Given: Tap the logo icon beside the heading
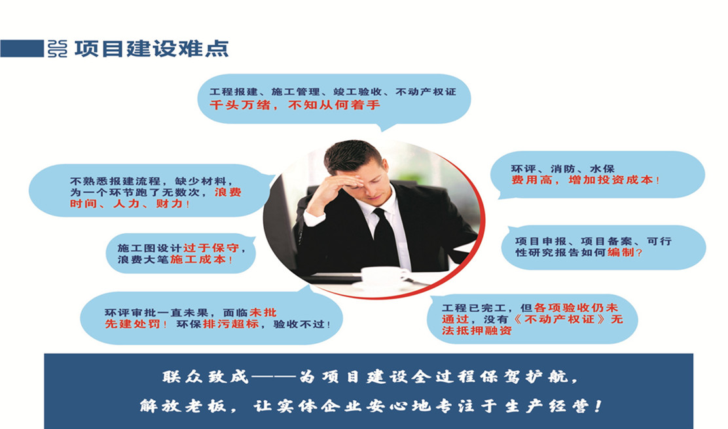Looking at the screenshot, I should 58,48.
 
